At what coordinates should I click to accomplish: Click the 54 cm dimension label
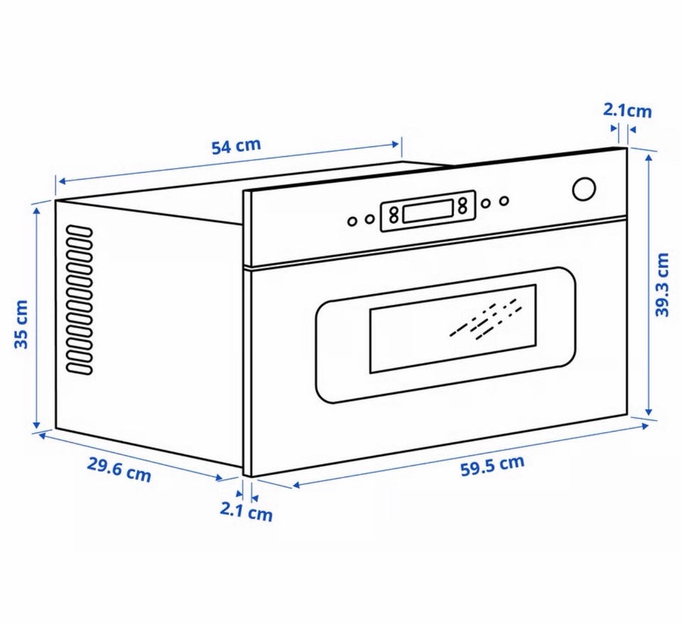coord(236,147)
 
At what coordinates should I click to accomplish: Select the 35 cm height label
coord(22,324)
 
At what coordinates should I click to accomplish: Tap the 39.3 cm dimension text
coord(663,284)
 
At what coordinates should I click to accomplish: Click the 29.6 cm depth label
coord(119,469)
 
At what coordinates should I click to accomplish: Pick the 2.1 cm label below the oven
coord(246,511)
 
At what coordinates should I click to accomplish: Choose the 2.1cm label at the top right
coord(627,110)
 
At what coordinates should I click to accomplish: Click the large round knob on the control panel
coord(584,188)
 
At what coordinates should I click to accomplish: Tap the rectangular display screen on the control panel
coord(428,211)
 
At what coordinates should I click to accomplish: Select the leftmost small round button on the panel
coord(352,221)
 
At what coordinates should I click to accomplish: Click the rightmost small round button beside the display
coord(504,201)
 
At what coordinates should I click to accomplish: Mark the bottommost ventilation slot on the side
coord(80,368)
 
